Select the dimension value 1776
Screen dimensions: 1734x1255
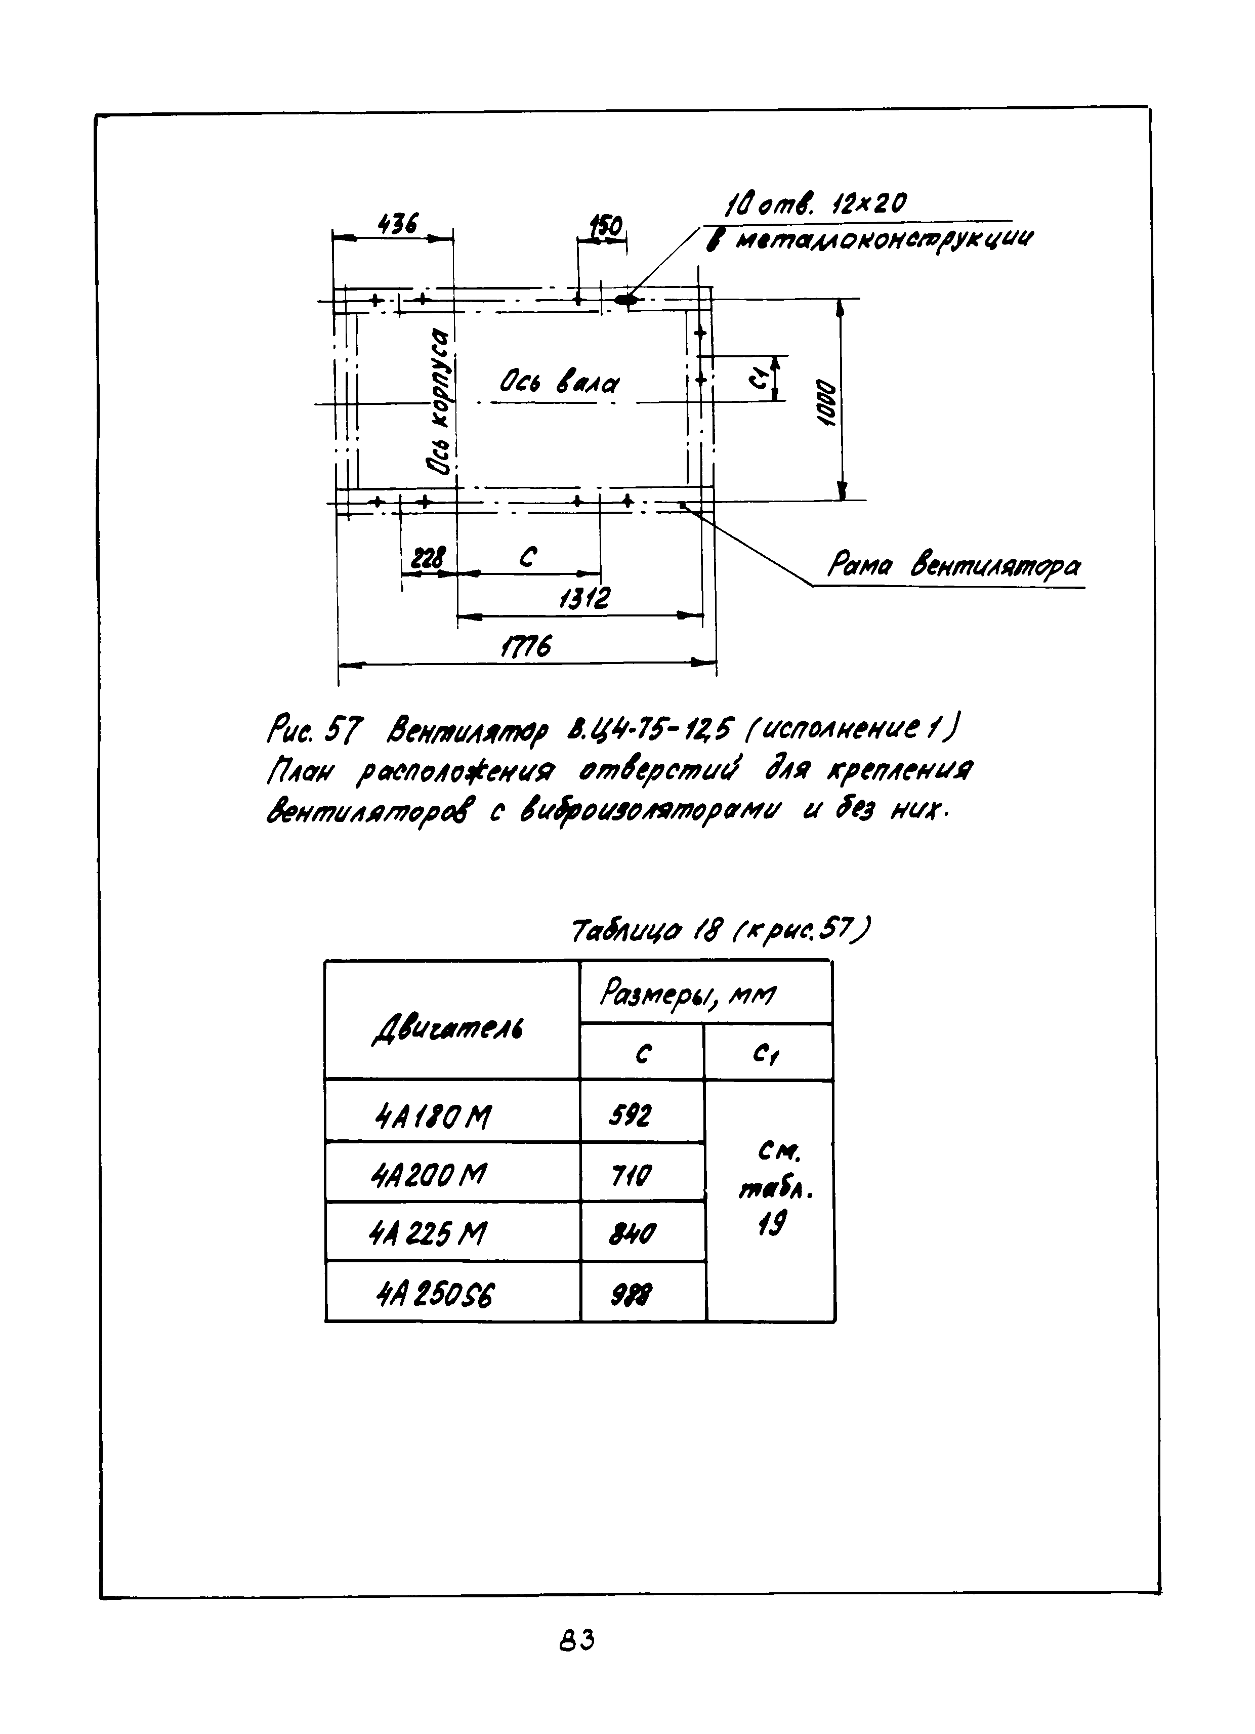[525, 647]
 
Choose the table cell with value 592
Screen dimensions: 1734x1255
[630, 1117]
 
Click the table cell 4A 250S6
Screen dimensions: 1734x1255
[436, 1294]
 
